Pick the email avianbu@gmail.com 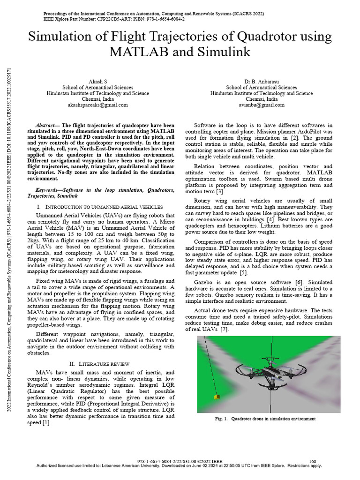[262, 105]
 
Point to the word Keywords [49, 190]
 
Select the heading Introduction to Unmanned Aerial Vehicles [103, 207]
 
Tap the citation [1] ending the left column [46, 422]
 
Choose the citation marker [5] [243, 272]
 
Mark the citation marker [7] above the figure [224, 330]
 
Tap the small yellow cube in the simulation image [216, 397]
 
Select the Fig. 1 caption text [265, 419]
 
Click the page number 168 [313, 461]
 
